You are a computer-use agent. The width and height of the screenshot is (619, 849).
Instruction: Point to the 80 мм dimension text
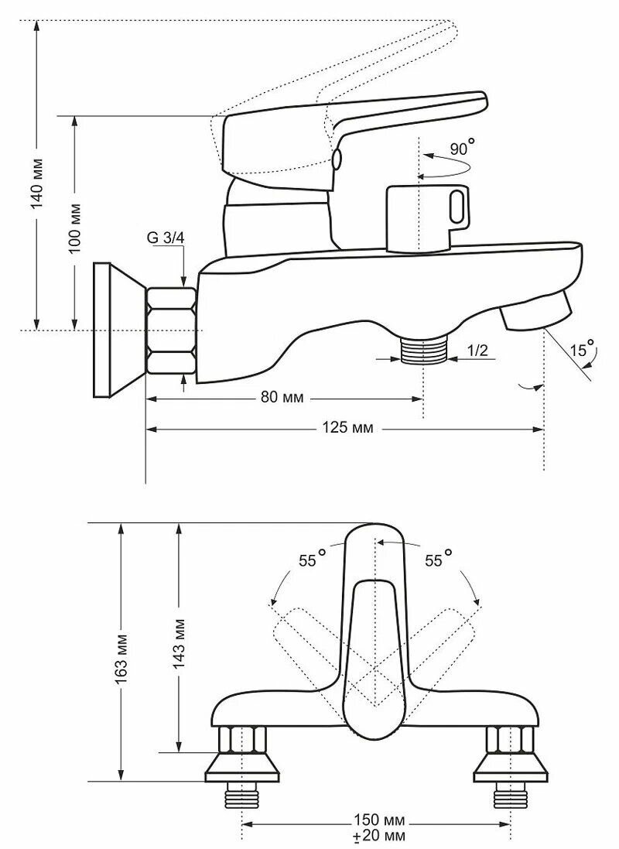(x=282, y=398)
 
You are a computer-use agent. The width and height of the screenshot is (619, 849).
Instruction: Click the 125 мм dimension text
(x=345, y=428)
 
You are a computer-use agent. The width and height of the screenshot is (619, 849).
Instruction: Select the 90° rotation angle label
(x=461, y=147)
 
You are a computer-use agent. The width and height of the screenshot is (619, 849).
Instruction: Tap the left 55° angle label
(x=313, y=559)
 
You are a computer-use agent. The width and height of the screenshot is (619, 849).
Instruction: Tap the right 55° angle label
(x=439, y=559)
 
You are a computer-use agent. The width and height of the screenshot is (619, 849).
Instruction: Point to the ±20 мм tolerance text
(x=377, y=836)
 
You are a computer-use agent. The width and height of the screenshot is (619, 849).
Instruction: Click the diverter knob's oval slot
(x=457, y=207)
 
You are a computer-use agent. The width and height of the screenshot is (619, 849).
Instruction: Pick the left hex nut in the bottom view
(x=242, y=741)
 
